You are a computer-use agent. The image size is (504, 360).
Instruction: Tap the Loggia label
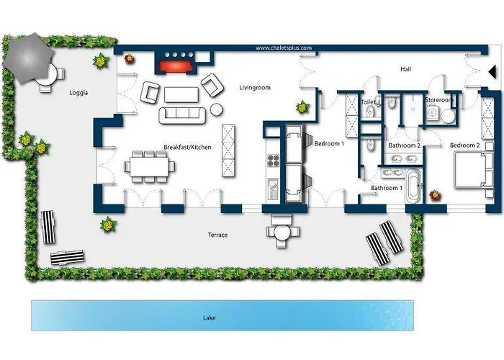tap(79, 93)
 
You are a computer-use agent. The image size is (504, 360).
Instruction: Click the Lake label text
tap(209, 317)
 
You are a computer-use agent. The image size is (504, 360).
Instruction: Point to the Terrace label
tap(217, 235)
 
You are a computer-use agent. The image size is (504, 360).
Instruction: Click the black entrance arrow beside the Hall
tap(490, 71)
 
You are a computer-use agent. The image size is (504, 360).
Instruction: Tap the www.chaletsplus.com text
tap(284, 48)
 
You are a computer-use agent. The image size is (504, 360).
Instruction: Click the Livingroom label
tap(254, 88)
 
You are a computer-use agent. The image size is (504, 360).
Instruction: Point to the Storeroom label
tap(438, 100)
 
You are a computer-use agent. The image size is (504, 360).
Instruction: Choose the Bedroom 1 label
tap(329, 144)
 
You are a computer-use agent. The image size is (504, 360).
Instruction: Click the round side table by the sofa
tap(216, 110)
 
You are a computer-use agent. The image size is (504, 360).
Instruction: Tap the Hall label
tap(405, 70)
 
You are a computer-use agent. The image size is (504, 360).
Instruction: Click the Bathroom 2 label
tap(403, 145)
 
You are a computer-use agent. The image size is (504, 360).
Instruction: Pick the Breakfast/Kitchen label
tap(187, 147)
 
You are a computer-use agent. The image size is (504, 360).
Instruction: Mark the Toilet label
tap(368, 103)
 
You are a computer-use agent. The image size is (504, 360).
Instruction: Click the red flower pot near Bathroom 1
tap(434, 194)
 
